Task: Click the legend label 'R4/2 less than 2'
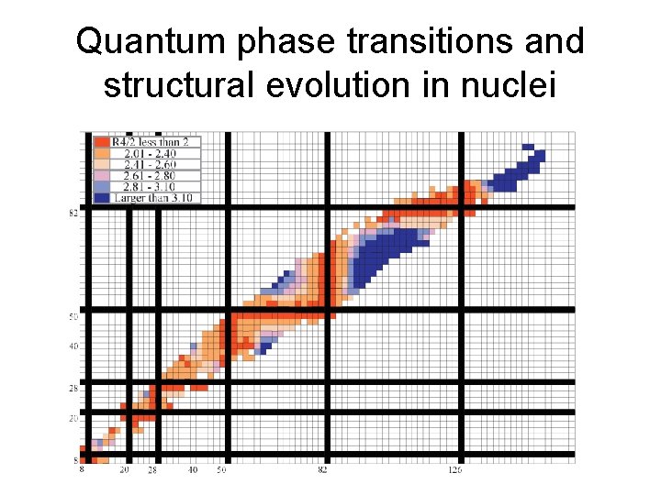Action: coord(150,142)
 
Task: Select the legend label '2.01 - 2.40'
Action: coord(147,153)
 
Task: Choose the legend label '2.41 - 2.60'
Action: coord(147,164)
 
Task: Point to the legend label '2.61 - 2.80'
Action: coord(147,175)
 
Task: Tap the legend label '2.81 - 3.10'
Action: coord(147,186)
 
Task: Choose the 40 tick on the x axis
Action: coord(193,470)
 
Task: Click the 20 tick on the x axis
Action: coord(125,470)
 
